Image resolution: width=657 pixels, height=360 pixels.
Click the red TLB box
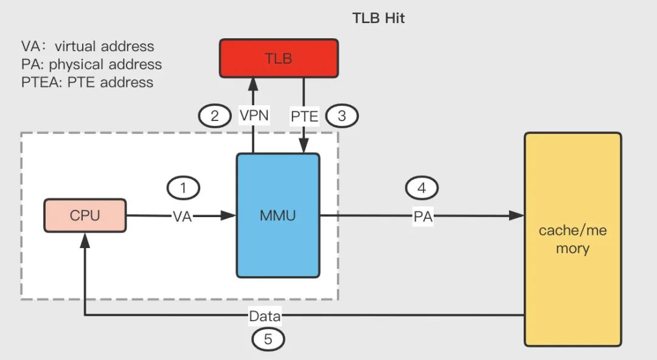279,58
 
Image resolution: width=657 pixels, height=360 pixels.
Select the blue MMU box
278,215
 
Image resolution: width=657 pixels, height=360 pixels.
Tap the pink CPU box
85,215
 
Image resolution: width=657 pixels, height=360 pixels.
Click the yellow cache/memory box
572,239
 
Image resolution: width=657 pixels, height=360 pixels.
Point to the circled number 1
183,188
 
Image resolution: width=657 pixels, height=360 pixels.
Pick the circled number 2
215,116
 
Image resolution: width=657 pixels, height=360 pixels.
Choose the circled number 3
342,116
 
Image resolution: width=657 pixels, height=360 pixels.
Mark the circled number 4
422,188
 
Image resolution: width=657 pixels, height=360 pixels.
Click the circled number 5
268,339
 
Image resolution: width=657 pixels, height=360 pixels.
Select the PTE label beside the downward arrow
305,116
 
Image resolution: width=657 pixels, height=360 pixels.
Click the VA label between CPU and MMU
183,216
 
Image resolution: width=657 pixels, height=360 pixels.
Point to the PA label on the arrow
422,216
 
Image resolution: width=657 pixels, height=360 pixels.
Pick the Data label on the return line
265,316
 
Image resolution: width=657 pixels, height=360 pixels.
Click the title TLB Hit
378,18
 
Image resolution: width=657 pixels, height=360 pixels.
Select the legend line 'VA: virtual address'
88,46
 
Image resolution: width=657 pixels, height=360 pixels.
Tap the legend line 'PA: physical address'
91,64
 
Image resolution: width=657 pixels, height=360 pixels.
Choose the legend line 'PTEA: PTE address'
87,81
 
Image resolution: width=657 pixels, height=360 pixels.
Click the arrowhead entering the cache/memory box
518,216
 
